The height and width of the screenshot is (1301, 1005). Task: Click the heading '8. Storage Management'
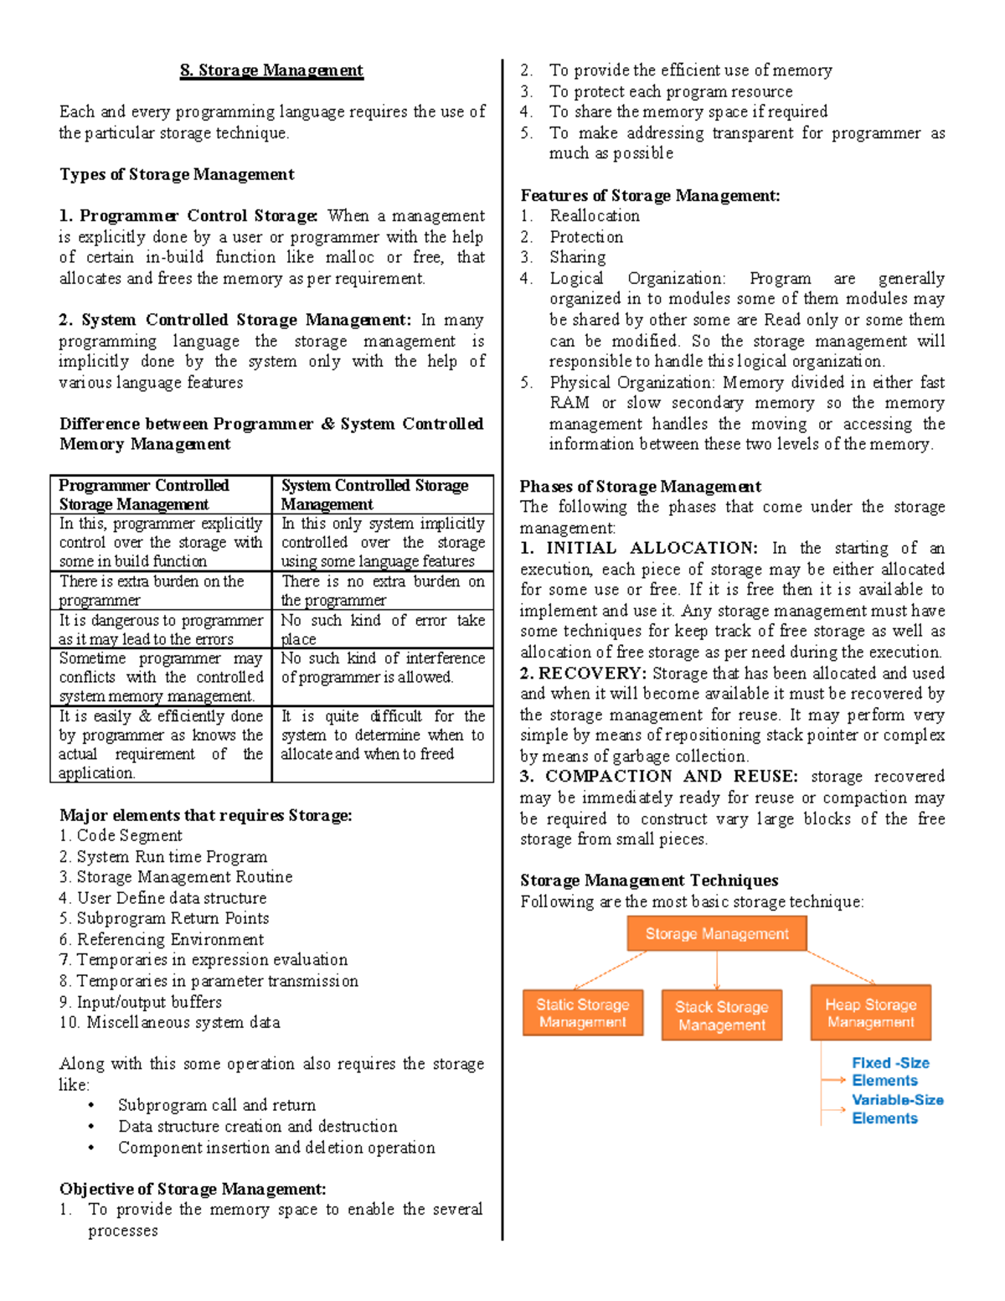tap(271, 70)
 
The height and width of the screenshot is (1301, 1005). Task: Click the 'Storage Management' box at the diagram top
tap(717, 933)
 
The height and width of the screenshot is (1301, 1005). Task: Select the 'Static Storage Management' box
tap(583, 1013)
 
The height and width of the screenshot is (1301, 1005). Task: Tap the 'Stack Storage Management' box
tap(721, 1015)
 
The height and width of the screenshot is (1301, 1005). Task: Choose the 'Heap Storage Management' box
tap(870, 1013)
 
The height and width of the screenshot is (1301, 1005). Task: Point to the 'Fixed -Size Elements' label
tap(889, 1071)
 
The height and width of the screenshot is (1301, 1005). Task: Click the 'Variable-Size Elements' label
tap(897, 1109)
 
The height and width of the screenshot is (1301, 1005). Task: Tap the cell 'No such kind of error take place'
tap(383, 629)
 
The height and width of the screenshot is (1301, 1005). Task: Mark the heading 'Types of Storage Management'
tap(177, 174)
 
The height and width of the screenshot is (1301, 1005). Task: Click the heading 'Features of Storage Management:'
tap(650, 195)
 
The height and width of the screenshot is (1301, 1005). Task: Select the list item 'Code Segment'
tap(129, 835)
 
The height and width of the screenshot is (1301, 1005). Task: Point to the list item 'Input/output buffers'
tap(149, 1002)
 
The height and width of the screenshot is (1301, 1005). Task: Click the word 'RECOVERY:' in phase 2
tap(592, 674)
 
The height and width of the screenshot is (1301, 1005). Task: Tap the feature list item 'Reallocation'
tap(595, 216)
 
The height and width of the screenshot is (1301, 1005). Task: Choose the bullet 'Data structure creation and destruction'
tap(257, 1126)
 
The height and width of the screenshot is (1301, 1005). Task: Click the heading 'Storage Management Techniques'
tap(649, 880)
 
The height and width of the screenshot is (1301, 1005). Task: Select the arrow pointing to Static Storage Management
tap(610, 970)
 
